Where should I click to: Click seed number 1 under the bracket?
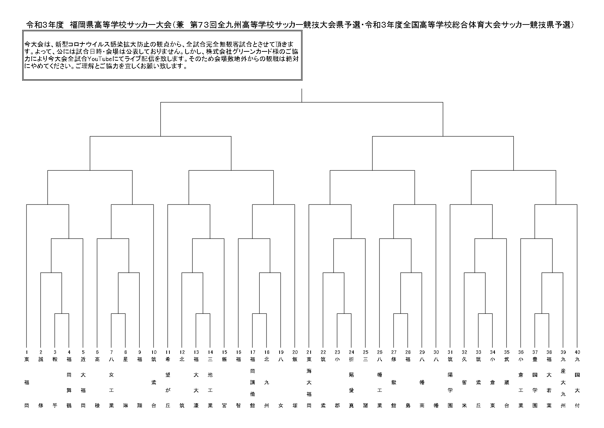click(x=27, y=352)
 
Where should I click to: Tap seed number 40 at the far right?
click(x=577, y=352)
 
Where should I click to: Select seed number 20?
click(x=295, y=352)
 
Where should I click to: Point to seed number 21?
click(x=309, y=352)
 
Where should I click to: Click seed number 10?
click(x=154, y=352)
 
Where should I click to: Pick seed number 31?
click(x=450, y=352)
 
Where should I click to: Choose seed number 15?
click(x=224, y=352)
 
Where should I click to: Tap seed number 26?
click(x=379, y=352)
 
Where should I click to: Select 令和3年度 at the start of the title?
click(x=45, y=25)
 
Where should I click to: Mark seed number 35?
click(x=507, y=352)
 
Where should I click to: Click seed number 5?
click(x=83, y=352)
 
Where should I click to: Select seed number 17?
click(x=252, y=352)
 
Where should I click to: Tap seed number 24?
click(x=351, y=352)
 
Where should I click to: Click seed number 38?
click(x=549, y=352)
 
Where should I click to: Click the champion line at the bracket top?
click(x=302, y=96)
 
